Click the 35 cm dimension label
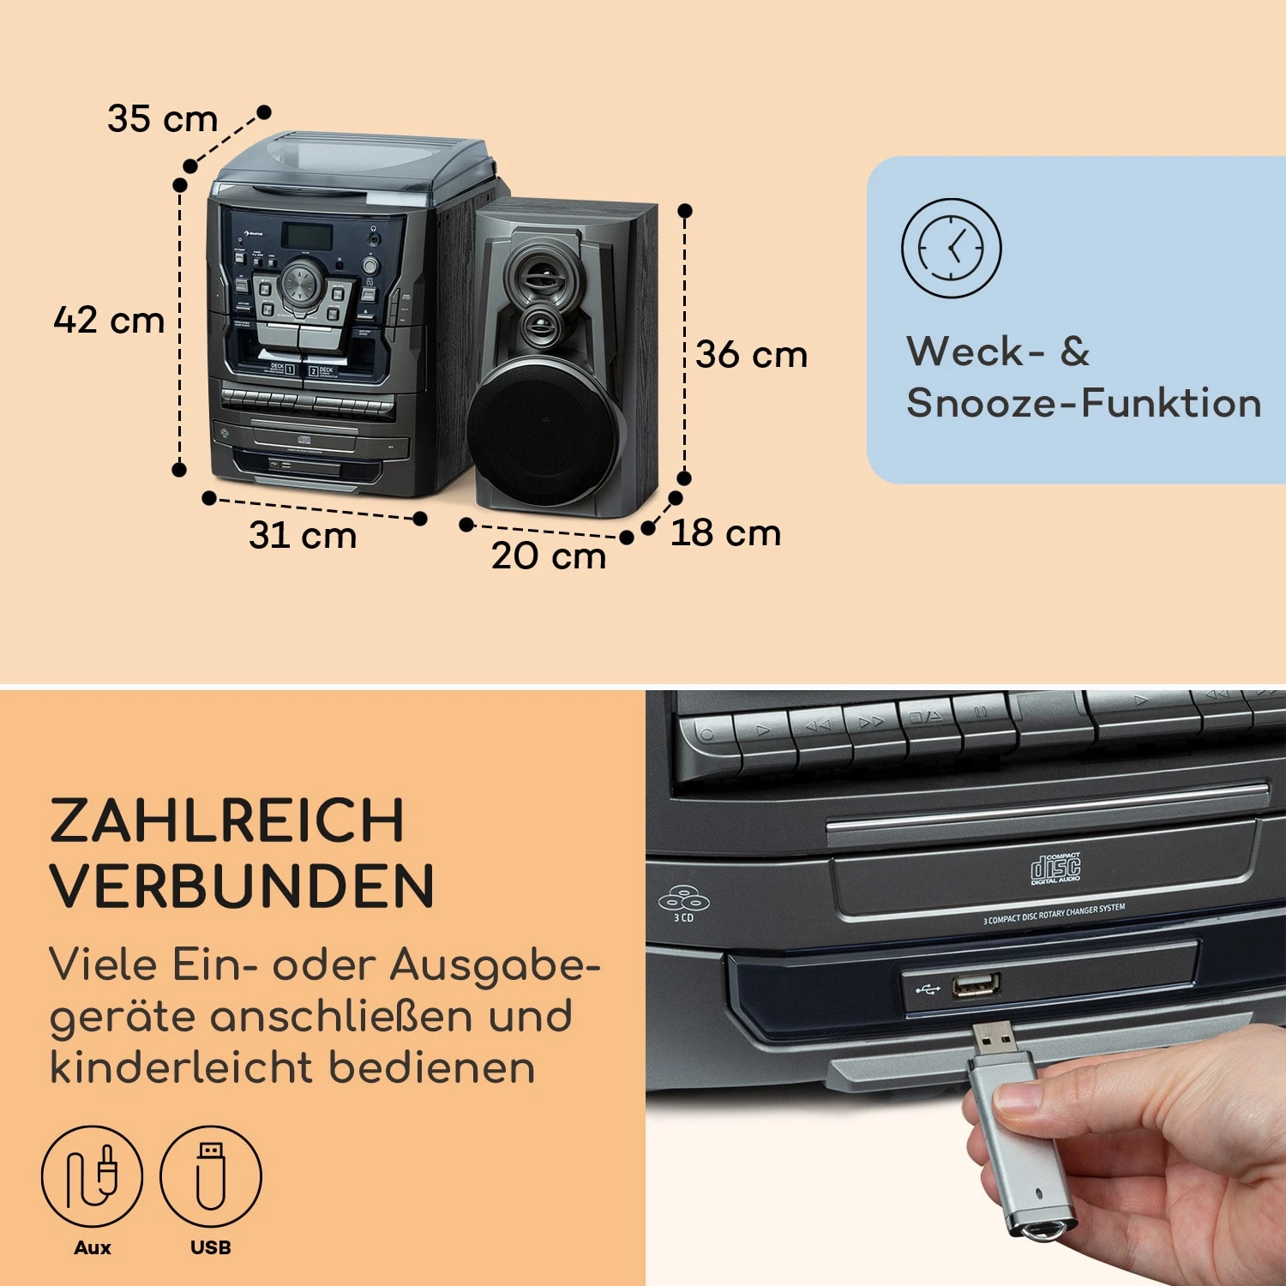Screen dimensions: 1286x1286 point(162,118)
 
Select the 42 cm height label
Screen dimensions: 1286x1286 point(109,321)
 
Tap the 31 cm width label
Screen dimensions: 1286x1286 point(303,535)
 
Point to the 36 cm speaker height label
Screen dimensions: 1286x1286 point(751,354)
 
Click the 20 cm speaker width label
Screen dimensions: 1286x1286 point(549,556)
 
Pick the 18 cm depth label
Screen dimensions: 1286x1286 point(725,533)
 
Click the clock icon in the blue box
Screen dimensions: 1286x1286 point(951,249)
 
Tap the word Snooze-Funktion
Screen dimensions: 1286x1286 point(1084,403)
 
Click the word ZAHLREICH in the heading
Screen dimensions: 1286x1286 point(227,820)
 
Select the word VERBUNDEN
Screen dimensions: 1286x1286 point(243,886)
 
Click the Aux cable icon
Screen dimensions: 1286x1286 point(92,1175)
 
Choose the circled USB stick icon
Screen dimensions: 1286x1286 point(211,1175)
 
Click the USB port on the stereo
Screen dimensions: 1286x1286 point(976,986)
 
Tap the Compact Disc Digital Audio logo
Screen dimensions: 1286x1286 point(1055,868)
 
